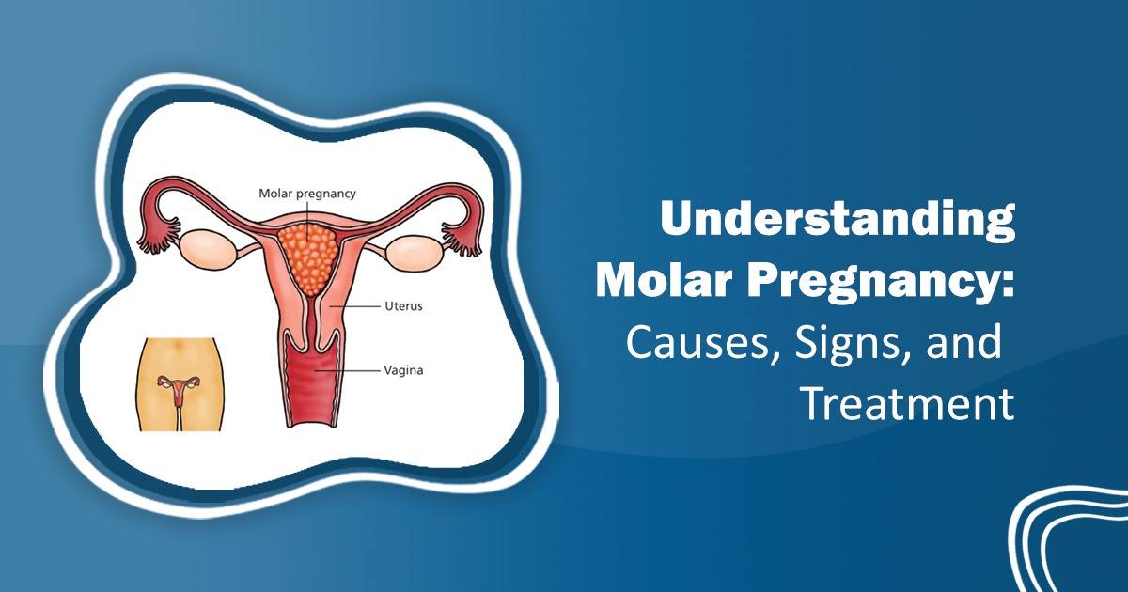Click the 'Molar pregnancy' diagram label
click(307, 194)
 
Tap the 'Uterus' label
click(403, 306)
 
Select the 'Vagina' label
click(403, 371)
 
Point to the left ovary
click(208, 249)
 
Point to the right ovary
click(415, 251)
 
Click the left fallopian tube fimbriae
click(159, 237)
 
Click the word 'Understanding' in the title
click(838, 219)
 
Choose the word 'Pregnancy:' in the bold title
click(881, 283)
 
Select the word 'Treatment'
click(908, 404)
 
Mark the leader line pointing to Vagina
click(347, 370)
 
